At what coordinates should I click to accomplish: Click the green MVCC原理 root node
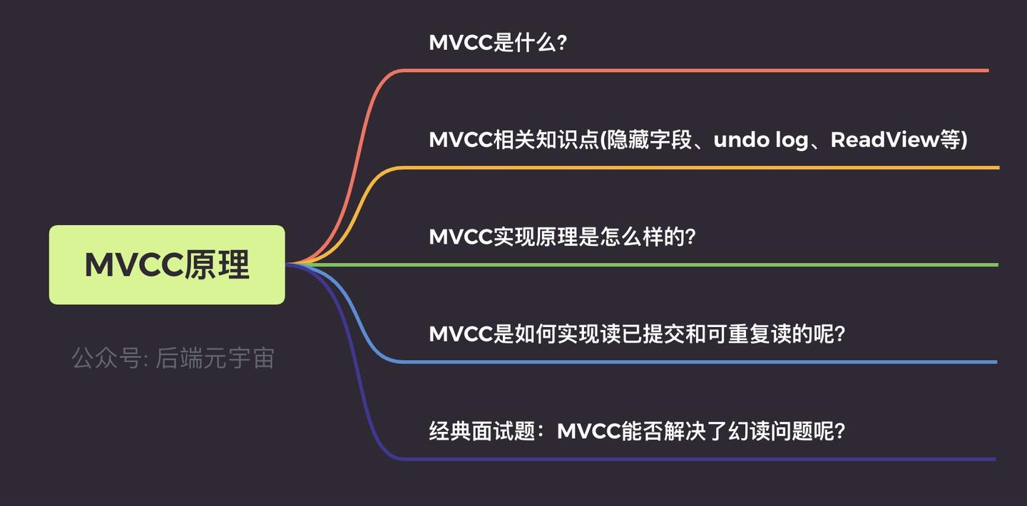pyautogui.click(x=167, y=264)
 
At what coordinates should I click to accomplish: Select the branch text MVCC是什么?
pyautogui.click(x=497, y=42)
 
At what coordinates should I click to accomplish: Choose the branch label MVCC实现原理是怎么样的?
pyautogui.click(x=562, y=237)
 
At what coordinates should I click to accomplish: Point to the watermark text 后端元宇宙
pyautogui.click(x=215, y=358)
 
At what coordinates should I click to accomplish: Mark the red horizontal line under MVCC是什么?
pyautogui.click(x=692, y=71)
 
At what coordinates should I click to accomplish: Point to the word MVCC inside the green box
pyautogui.click(x=133, y=265)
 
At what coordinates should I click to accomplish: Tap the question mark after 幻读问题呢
pyautogui.click(x=839, y=431)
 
